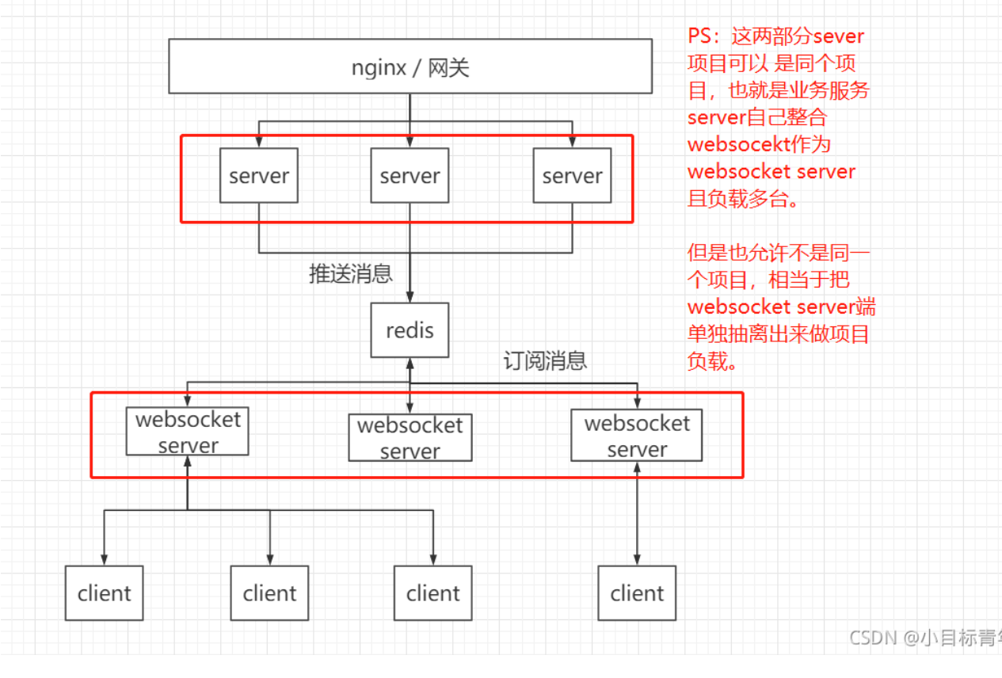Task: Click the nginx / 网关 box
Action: tap(410, 68)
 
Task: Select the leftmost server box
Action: tap(259, 176)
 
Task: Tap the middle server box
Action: tap(410, 176)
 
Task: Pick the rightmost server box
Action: tap(572, 176)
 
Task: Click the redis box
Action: tap(410, 330)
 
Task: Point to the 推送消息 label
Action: tap(350, 274)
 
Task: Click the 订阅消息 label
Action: tap(545, 360)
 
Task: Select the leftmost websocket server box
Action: tap(188, 432)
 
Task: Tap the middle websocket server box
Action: tap(410, 438)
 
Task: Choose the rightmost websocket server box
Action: tap(637, 436)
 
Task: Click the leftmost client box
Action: tap(104, 593)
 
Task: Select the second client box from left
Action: tap(269, 593)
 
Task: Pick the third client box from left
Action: tap(433, 593)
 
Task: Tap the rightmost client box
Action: tap(637, 593)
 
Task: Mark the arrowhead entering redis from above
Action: tap(410, 297)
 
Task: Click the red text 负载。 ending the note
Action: tap(713, 361)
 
